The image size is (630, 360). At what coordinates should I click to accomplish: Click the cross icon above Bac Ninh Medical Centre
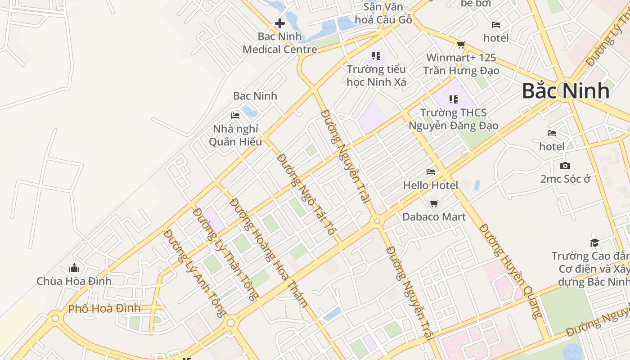point(280,23)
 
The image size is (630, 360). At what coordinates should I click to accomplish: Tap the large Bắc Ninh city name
point(566,91)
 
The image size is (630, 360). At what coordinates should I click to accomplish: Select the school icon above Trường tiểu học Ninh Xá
point(376,56)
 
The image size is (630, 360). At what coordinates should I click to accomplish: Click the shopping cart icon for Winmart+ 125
point(461,45)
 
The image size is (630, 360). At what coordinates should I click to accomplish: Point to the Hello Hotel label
point(430,185)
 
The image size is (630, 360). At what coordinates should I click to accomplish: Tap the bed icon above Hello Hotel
point(431,171)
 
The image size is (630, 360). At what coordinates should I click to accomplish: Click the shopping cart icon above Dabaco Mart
point(434,203)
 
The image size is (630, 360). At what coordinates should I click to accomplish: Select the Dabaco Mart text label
point(434,216)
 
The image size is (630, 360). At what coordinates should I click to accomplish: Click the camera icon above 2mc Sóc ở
point(565,166)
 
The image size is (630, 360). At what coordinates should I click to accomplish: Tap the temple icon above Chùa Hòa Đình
point(74,268)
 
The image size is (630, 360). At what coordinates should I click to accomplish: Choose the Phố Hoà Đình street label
point(104,309)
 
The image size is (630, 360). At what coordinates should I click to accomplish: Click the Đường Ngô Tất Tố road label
point(306,194)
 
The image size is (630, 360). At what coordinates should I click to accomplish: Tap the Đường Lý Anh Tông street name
point(195,274)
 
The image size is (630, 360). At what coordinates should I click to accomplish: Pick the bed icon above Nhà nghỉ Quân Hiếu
point(235,116)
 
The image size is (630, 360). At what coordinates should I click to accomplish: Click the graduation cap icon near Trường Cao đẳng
point(594,243)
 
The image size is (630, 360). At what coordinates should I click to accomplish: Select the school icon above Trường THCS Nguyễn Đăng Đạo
point(453,99)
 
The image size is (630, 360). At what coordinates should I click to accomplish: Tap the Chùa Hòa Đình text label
point(74,281)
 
